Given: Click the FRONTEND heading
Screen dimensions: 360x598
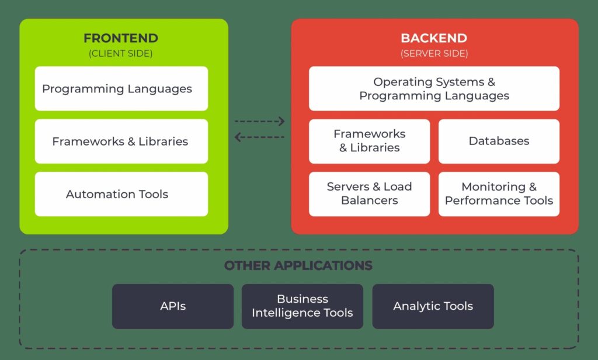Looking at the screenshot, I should click(x=121, y=39).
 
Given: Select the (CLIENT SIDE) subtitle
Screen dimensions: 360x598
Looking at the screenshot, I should click(x=121, y=53).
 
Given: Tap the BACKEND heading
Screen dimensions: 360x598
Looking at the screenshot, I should click(x=434, y=39).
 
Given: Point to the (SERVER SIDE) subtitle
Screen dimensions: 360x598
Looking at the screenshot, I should click(x=434, y=53).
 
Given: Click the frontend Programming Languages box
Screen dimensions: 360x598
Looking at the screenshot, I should click(x=121, y=89).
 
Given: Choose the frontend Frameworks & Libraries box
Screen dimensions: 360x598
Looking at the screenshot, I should click(x=121, y=141).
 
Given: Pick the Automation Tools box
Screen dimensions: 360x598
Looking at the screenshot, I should click(x=121, y=194).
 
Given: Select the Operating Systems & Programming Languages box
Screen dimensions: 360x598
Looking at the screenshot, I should click(x=434, y=89).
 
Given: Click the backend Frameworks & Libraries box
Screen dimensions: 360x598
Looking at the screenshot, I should click(x=369, y=141).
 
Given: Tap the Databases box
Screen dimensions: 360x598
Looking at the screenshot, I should click(x=499, y=141).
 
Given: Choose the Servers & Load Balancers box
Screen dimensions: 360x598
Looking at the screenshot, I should click(x=369, y=194).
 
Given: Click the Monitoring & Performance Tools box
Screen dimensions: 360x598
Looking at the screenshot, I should click(x=499, y=194).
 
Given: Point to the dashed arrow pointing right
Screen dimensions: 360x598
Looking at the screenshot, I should click(x=259, y=122).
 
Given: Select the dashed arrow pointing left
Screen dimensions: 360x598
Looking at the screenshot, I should click(x=259, y=137).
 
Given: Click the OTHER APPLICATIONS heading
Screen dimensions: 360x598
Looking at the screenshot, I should click(x=298, y=265).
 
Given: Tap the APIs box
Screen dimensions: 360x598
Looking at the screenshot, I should click(x=173, y=306).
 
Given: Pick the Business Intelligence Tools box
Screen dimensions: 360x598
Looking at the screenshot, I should click(x=303, y=306).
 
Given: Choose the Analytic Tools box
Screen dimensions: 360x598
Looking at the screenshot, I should click(x=433, y=306).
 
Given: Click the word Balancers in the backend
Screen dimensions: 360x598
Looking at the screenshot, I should click(x=369, y=200).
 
